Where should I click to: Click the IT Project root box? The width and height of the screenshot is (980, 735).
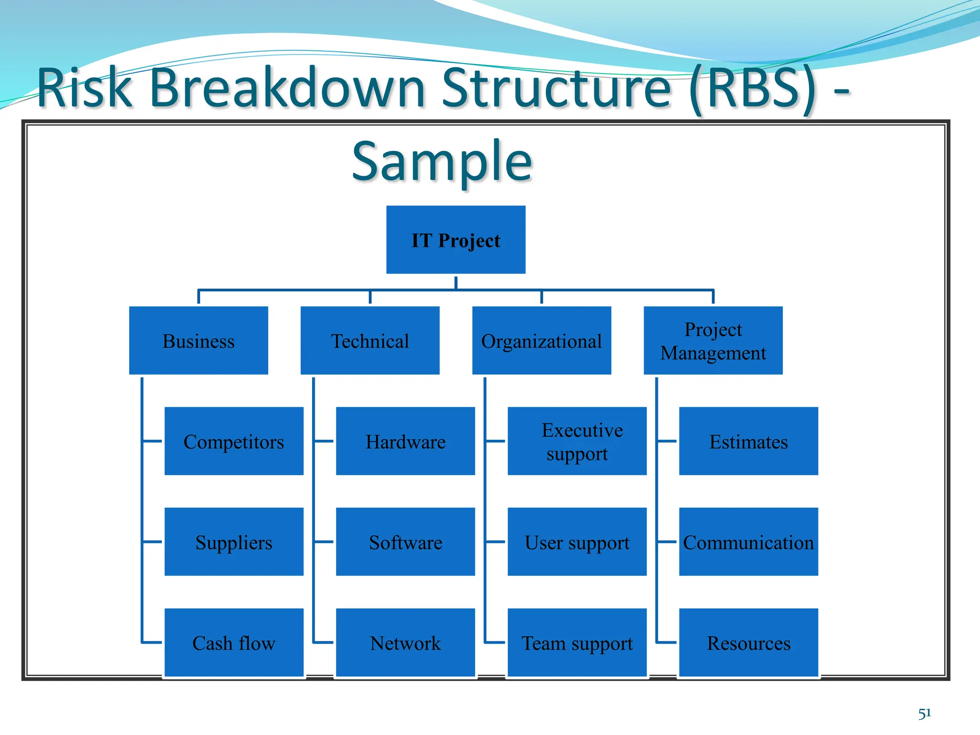[x=456, y=240]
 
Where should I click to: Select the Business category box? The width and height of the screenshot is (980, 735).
[x=199, y=340]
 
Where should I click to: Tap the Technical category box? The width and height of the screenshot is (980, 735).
[x=370, y=340]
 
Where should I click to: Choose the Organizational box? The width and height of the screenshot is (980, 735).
[x=541, y=340]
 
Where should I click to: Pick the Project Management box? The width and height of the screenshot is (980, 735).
[x=713, y=340]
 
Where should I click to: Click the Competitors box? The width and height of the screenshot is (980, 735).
[x=234, y=441]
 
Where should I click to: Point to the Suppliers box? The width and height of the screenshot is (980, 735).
[x=234, y=542]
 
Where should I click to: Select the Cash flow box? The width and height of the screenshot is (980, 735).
[x=234, y=642]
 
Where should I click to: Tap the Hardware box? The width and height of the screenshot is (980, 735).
[x=405, y=441]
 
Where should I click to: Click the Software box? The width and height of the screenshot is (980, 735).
[x=405, y=542]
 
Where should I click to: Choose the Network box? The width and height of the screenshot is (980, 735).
[x=405, y=642]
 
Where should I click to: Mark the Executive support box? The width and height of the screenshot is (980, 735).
[x=577, y=441]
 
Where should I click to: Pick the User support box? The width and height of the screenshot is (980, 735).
[x=577, y=542]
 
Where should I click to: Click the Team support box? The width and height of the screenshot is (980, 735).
[x=577, y=642]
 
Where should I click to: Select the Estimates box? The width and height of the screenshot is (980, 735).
[x=748, y=441]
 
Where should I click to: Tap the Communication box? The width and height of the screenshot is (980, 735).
[x=748, y=542]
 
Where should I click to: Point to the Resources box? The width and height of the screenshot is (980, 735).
[x=748, y=642]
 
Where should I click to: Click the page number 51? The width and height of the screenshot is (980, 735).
[x=924, y=713]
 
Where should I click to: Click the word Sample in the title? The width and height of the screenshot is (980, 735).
[x=442, y=161]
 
